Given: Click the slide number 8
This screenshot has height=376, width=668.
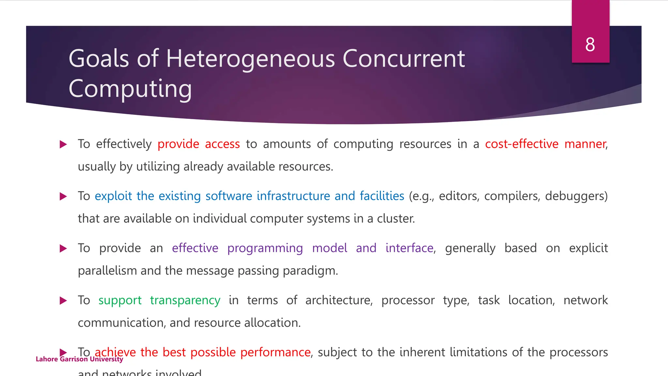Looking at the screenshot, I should pos(590,44).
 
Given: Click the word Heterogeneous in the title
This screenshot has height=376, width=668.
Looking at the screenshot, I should pos(250,59).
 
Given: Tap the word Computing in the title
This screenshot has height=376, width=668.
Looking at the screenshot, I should pos(130,89).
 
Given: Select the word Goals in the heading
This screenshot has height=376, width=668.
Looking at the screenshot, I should pos(99,59).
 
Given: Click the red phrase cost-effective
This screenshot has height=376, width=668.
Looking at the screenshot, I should pos(522,144).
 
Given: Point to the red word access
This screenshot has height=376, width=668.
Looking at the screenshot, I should pos(222,144).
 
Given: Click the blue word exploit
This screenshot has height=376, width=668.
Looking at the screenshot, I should pos(113,196).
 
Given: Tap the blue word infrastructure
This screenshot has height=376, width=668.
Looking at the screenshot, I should pos(294,196).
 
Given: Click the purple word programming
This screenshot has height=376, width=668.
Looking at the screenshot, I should pos(265,248).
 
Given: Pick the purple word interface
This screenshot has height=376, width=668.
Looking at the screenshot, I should pos(409,248).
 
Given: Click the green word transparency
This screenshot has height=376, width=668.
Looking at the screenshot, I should pos(185,300).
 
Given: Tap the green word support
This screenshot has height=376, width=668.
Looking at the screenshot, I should pos(120,300).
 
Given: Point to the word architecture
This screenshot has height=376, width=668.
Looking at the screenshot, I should pos(339,300).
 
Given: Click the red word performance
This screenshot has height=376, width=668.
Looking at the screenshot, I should pos(275,352).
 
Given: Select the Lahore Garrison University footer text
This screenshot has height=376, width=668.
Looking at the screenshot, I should pos(79,359).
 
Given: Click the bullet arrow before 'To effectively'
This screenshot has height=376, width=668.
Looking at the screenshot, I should pos(63,144).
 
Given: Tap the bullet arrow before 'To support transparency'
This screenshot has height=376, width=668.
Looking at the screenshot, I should pos(63,300).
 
